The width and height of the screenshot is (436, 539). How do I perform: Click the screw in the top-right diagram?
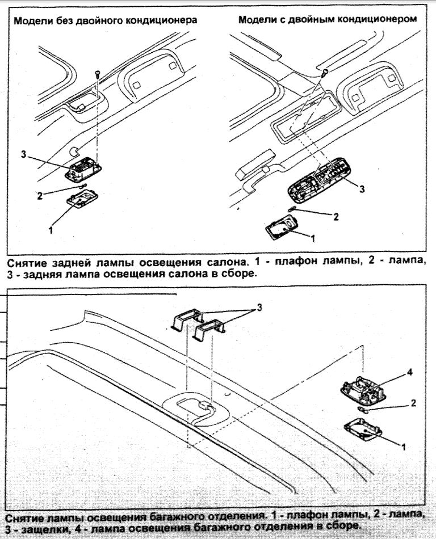pyautogui.click(x=325, y=71)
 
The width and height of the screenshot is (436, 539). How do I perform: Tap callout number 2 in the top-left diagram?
pyautogui.click(x=40, y=196)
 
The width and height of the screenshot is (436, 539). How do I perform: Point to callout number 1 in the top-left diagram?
pyautogui.click(x=51, y=230)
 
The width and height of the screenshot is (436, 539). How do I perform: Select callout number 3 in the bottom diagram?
pyautogui.click(x=259, y=307)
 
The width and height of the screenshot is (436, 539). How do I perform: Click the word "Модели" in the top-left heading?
pyautogui.click(x=32, y=20)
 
